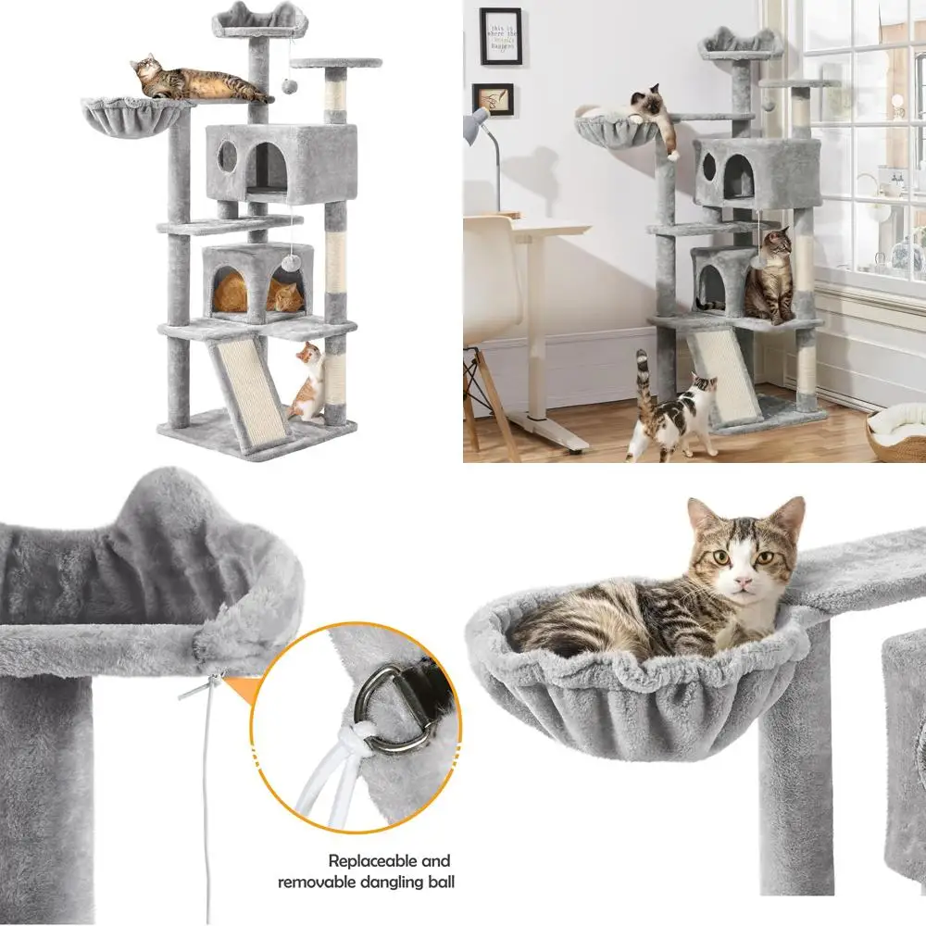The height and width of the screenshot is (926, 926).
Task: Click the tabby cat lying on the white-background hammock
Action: coord(199,81)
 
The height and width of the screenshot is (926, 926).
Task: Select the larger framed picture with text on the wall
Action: coord(500,36)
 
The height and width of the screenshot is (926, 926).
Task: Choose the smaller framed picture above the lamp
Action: coord(493,99)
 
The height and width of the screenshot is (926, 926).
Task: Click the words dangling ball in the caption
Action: coord(407,882)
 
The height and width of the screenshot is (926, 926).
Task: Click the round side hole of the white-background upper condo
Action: coord(227,157)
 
